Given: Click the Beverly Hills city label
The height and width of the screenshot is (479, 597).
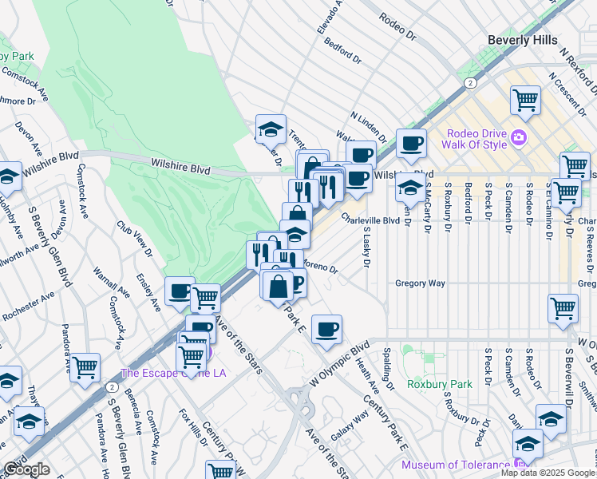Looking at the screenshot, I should coord(524,39).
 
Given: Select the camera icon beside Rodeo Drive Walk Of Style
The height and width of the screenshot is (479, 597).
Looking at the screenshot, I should coord(520,137).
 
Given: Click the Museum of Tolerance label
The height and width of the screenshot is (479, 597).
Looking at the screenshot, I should coord(454,465).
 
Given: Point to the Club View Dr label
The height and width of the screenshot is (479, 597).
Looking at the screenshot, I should coord(135,239).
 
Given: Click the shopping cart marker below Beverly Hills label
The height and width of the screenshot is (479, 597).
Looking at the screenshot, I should coord(526,101).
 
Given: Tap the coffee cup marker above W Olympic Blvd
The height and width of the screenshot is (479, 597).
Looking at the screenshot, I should coord(326,330).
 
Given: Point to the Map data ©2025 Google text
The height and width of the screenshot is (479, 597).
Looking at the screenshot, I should coord(548,473).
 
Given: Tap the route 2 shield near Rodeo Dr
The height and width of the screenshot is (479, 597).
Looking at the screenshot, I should coord(472,82).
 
